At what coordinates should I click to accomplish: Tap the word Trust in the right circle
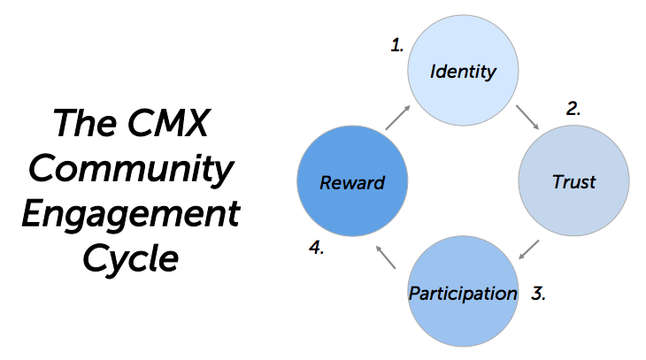(x=573, y=182)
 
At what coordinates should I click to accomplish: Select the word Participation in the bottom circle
(x=462, y=293)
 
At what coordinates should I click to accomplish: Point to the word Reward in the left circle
(x=352, y=183)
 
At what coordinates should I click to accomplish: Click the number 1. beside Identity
(x=397, y=45)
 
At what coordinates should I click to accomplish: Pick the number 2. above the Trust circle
(x=573, y=110)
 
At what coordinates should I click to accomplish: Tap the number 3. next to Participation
(x=537, y=294)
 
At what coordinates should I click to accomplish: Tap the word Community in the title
(x=129, y=168)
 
